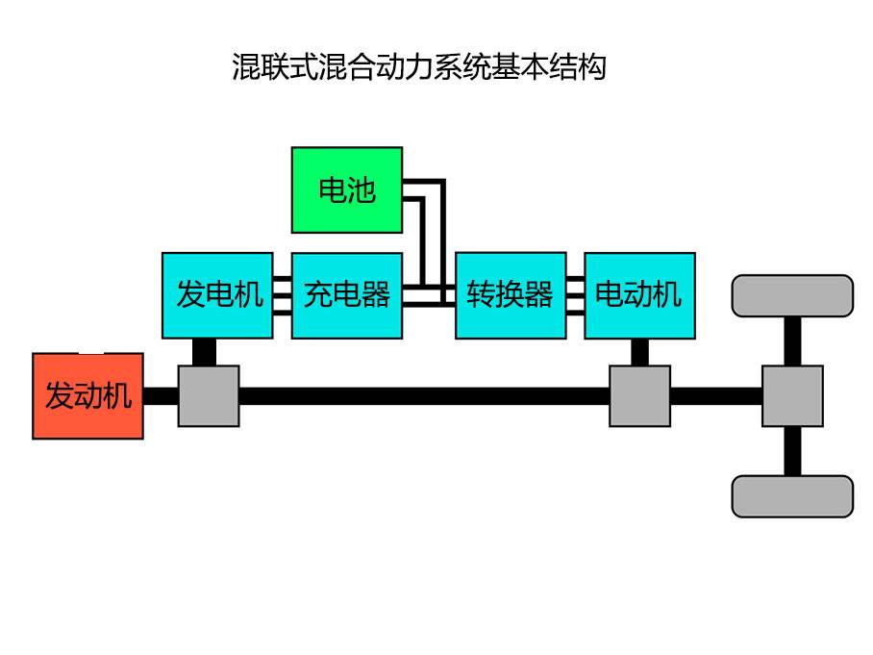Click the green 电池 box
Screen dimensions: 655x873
tap(347, 189)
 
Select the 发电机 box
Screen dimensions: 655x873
tap(217, 295)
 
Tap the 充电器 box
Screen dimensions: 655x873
tap(347, 295)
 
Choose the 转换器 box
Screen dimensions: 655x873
tap(511, 295)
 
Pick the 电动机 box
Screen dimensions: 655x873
tap(639, 295)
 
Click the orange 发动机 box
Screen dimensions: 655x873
tap(88, 396)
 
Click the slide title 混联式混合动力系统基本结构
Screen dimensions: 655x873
tap(418, 67)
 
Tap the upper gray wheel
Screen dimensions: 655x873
tap(792, 296)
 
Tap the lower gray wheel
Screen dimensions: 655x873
tap(792, 496)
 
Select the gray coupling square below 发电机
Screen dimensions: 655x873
tap(209, 395)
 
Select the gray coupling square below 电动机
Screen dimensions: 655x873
tap(639, 395)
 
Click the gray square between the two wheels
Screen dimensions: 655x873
tap(792, 395)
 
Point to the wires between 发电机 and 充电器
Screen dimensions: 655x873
tap(282, 295)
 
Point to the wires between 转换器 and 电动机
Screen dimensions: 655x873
tap(575, 295)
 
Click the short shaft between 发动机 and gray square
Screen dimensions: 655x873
tap(161, 396)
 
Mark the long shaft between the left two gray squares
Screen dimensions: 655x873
tap(423, 396)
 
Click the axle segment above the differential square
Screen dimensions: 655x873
tap(792, 340)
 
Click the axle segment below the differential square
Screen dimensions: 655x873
tap(792, 450)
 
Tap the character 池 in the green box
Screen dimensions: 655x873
tap(361, 190)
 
